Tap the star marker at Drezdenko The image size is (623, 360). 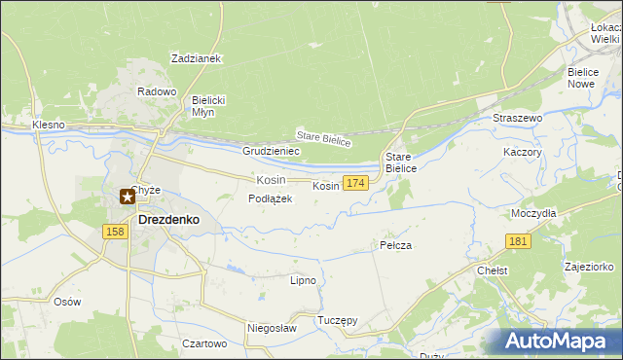[128, 197]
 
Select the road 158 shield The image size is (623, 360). [115, 232]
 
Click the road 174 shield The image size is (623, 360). [355, 183]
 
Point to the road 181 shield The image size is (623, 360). [519, 241]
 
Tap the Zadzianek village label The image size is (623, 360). [197, 58]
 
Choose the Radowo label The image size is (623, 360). [157, 91]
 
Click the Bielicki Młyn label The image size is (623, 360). [209, 105]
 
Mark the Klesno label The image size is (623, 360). [48, 126]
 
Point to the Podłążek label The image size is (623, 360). [271, 198]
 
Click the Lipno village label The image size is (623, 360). [303, 280]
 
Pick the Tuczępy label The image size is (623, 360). [338, 320]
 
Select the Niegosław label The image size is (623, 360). [272, 329]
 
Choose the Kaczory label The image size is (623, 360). [522, 153]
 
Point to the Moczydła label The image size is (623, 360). [533, 212]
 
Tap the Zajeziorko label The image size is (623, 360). [589, 266]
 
